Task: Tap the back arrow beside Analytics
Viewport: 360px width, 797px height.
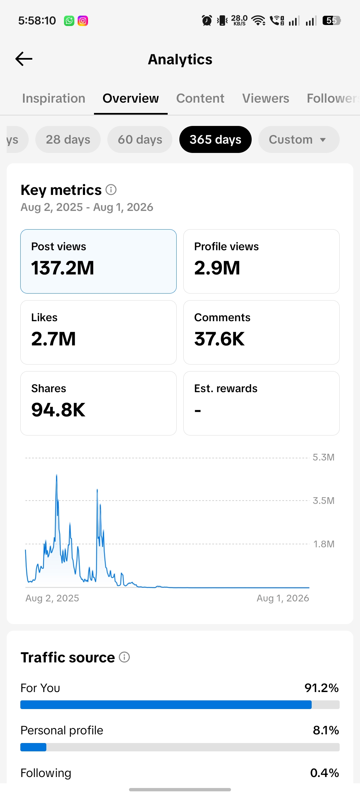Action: [24, 59]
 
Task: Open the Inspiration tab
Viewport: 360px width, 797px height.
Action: [54, 98]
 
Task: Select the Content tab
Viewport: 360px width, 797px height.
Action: [200, 98]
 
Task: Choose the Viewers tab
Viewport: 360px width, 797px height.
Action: [266, 98]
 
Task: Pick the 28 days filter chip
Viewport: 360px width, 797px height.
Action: [68, 139]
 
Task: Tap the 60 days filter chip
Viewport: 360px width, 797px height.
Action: [140, 139]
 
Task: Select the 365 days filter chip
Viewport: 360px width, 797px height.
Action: [215, 139]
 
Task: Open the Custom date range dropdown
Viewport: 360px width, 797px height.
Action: [299, 139]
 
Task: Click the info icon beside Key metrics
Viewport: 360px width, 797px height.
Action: [111, 190]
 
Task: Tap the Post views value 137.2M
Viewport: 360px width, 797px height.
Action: [63, 268]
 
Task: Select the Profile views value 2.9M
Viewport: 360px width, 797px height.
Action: [217, 268]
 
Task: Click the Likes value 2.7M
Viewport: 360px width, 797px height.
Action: [53, 339]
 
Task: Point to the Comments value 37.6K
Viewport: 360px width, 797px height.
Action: [219, 339]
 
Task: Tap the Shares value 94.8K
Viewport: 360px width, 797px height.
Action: [58, 410]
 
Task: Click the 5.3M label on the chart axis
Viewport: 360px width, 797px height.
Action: [323, 457]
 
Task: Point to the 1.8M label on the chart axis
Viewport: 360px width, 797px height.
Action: [324, 544]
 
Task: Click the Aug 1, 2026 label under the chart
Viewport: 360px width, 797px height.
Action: [283, 598]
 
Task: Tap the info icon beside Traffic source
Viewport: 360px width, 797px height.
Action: [124, 657]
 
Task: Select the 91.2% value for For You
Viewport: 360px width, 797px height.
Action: [322, 688]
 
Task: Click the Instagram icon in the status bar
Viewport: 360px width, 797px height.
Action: [83, 21]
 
